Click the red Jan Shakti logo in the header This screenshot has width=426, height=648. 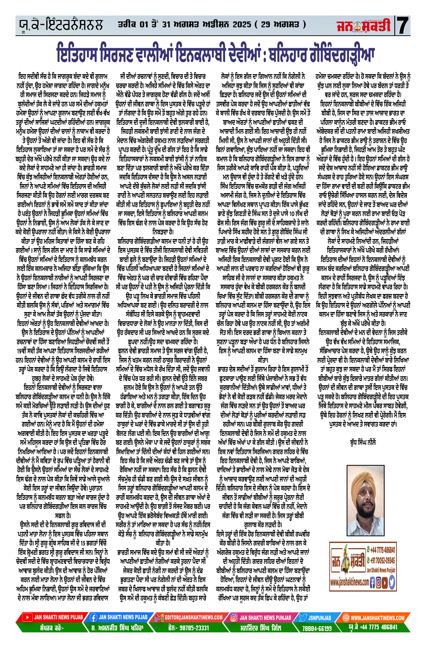pos(363,26)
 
